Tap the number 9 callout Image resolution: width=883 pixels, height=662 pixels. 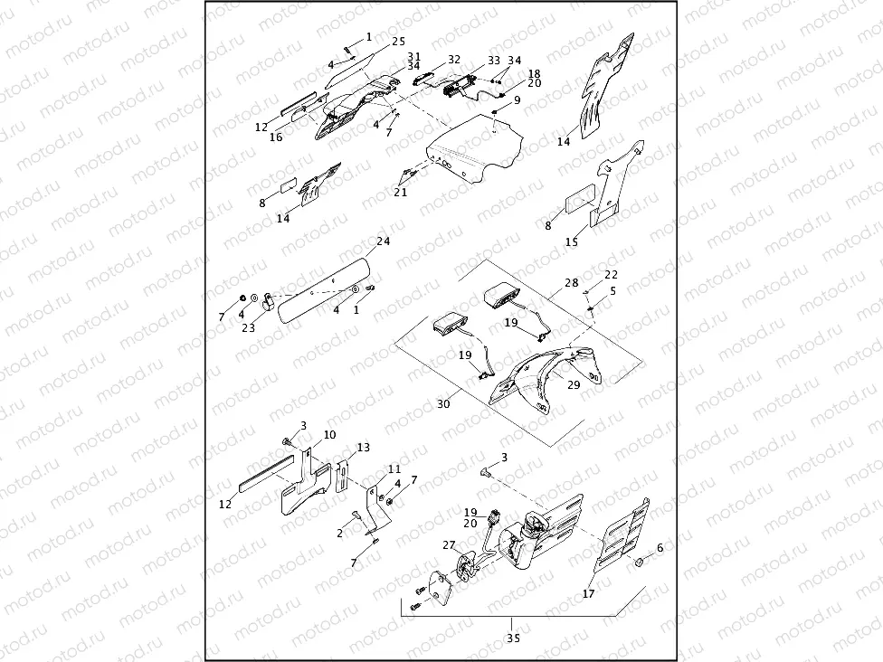pyautogui.click(x=517, y=99)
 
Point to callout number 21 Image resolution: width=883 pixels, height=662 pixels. pyautogui.click(x=400, y=192)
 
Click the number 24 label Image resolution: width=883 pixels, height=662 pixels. pyautogui.click(x=383, y=241)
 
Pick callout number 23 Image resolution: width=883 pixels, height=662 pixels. pyautogui.click(x=248, y=329)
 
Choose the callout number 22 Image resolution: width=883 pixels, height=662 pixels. pyautogui.click(x=612, y=274)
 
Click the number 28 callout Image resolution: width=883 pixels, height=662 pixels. pyautogui.click(x=572, y=283)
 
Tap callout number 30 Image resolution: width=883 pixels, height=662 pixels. pyautogui.click(x=443, y=404)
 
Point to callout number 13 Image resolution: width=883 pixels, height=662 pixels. pyautogui.click(x=364, y=448)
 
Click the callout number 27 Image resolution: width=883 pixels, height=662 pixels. pyautogui.click(x=449, y=545)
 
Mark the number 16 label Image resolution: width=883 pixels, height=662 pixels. pyautogui.click(x=276, y=137)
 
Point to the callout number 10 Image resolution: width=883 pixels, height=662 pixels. pyautogui.click(x=329, y=435)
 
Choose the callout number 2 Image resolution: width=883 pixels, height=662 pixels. pyautogui.click(x=339, y=534)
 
